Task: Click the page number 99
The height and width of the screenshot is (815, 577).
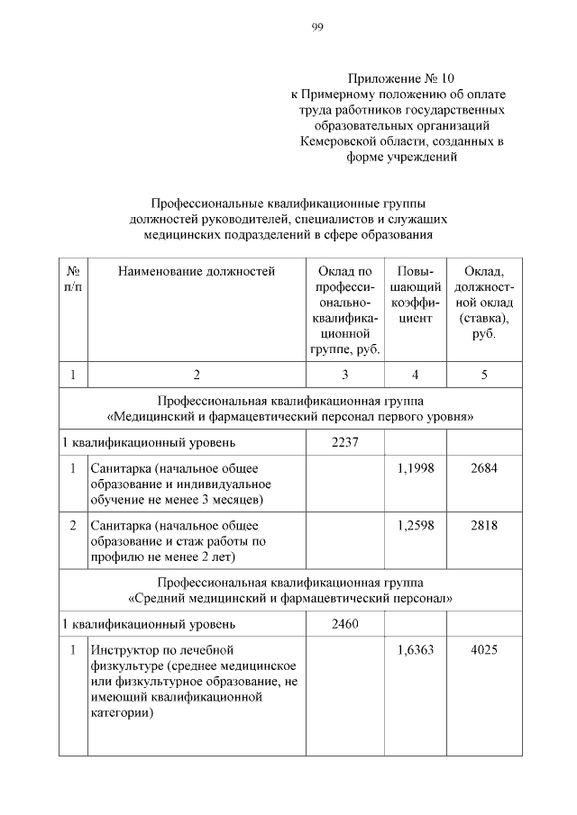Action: pyautogui.click(x=317, y=28)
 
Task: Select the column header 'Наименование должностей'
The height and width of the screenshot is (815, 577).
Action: pyautogui.click(x=196, y=270)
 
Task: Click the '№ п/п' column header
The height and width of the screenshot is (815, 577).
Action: pyautogui.click(x=72, y=278)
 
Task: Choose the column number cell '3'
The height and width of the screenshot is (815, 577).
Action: pyautogui.click(x=344, y=375)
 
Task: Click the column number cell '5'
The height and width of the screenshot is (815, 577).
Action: pyautogui.click(x=484, y=375)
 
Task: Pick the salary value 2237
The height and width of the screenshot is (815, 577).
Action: pyautogui.click(x=344, y=442)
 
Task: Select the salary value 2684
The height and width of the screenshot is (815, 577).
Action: pyautogui.click(x=484, y=467)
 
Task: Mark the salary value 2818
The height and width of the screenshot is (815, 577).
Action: pyautogui.click(x=484, y=525)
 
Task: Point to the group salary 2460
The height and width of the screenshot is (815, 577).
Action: pyautogui.click(x=344, y=623)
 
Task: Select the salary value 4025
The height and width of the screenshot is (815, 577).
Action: pyautogui.click(x=484, y=648)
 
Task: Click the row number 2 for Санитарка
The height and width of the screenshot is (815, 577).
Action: pyautogui.click(x=72, y=525)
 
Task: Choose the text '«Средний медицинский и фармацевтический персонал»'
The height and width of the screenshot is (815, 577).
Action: pyautogui.click(x=288, y=597)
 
